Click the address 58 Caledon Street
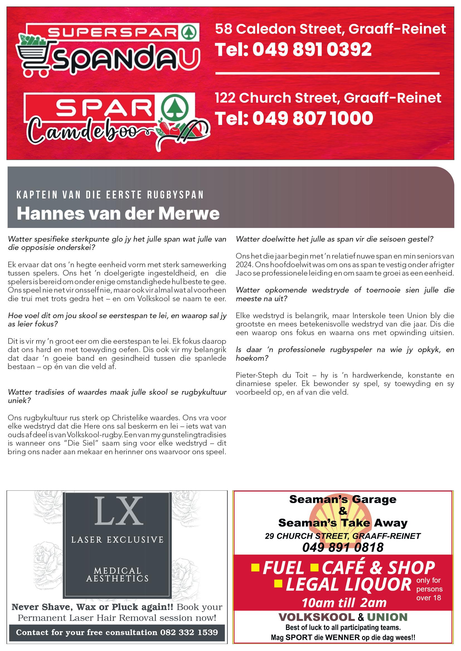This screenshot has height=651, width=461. click(280, 29)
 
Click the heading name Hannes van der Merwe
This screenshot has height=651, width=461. click(118, 213)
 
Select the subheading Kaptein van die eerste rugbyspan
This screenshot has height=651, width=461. click(110, 195)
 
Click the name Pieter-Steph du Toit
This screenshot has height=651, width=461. click(272, 375)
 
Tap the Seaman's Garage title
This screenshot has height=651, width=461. click(343, 499)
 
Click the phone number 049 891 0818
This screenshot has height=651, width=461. click(343, 547)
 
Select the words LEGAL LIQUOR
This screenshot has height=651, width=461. click(348, 585)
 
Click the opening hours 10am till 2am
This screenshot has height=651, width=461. click(344, 603)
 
